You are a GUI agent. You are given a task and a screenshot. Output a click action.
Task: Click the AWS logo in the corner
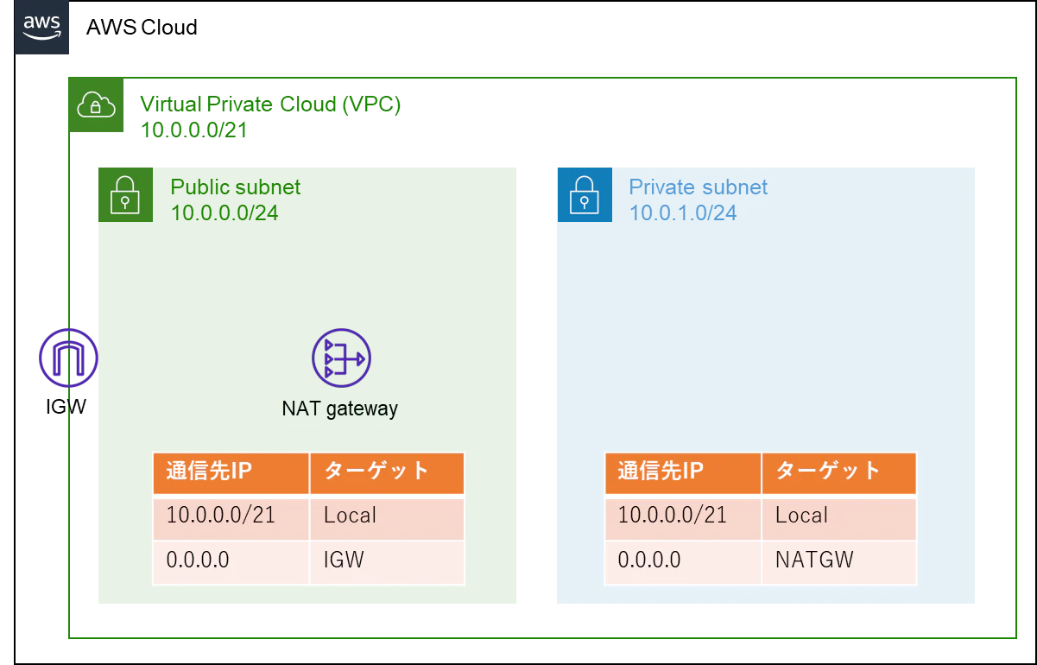pos(41,28)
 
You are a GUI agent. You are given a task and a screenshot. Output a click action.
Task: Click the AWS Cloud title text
pos(142,28)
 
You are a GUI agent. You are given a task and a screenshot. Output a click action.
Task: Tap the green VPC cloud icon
pos(96,104)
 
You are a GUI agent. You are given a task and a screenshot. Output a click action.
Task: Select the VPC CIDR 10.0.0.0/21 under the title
pos(194,130)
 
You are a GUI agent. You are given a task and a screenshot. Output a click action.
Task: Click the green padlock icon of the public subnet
pos(125,195)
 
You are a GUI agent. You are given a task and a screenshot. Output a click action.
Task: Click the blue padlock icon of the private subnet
pos(585,195)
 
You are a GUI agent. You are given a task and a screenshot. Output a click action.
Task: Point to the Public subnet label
pos(236,187)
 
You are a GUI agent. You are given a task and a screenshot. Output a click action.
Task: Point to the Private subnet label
pos(699,187)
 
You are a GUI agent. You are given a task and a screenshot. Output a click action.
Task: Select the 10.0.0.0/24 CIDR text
pos(224,213)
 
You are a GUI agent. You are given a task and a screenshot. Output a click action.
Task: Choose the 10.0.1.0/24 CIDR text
pos(683,213)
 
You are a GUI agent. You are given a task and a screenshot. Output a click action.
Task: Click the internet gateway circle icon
pos(68,358)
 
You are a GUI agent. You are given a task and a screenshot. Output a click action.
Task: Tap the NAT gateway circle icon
pos(341,358)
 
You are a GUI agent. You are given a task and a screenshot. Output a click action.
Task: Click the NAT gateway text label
pos(340,408)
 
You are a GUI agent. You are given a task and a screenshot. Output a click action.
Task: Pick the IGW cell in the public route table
pos(387,561)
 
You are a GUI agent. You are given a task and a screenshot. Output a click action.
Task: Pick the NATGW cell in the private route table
pos(839,561)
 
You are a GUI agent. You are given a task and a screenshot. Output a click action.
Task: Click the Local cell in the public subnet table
pos(387,517)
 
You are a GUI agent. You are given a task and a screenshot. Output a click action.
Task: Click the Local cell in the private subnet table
pos(839,517)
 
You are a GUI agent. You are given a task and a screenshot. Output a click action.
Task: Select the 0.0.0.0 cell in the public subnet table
pos(231,561)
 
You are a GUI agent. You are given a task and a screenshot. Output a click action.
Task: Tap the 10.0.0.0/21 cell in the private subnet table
pos(683,517)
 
